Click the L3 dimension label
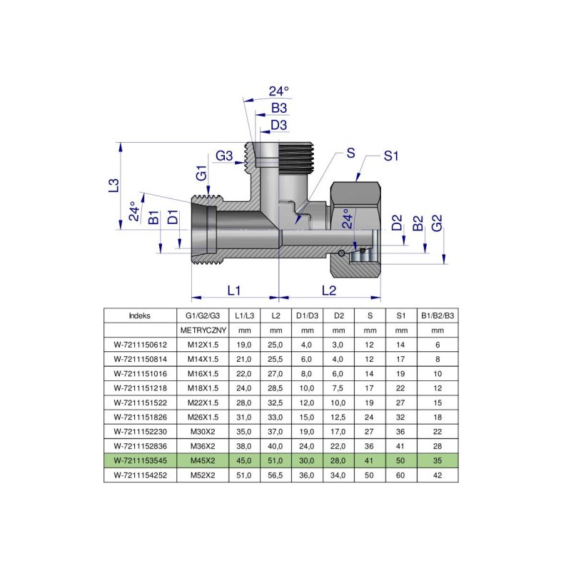click(x=113, y=186)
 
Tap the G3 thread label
click(x=225, y=156)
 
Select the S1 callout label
click(x=391, y=156)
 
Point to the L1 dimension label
click(x=234, y=290)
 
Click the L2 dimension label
click(x=329, y=290)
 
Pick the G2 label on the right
click(x=438, y=222)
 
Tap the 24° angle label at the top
click(x=279, y=91)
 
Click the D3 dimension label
click(x=279, y=126)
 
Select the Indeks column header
click(x=140, y=315)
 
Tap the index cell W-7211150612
click(x=140, y=345)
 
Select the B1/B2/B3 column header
click(x=438, y=315)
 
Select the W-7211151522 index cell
click(x=140, y=402)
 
